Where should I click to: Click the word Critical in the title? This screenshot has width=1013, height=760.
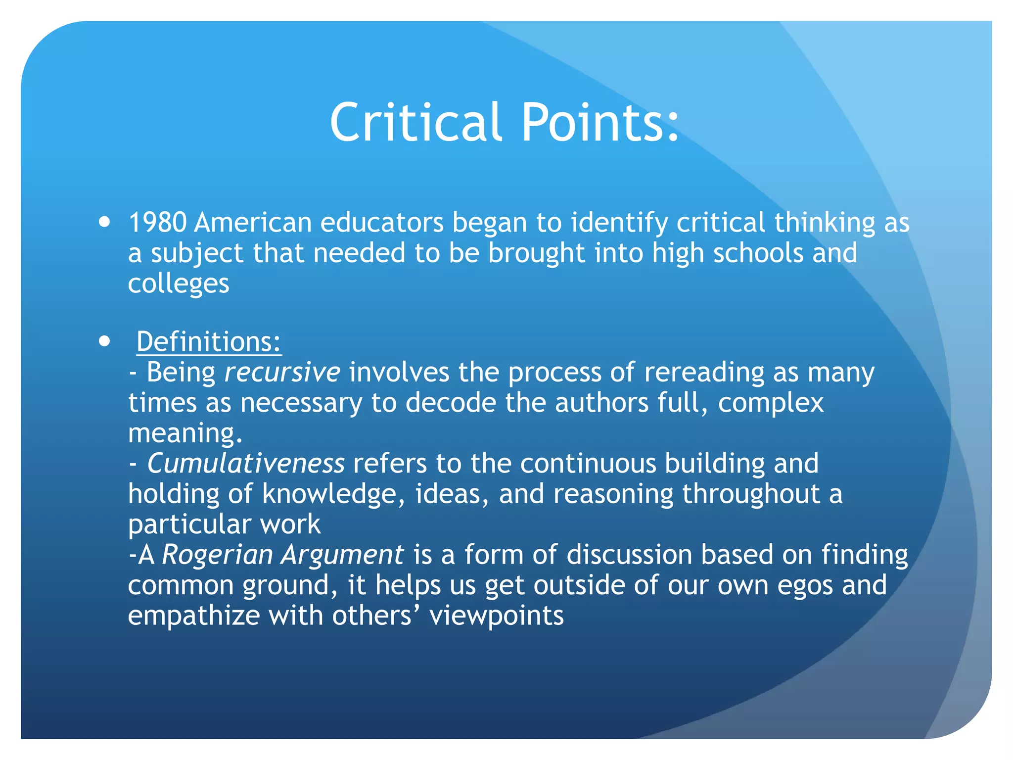point(415,123)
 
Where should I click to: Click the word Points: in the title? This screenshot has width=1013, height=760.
point(600,123)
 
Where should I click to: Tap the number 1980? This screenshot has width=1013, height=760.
point(157,223)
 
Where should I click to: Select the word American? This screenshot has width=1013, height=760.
point(253,223)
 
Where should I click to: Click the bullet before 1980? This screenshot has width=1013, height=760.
point(104,221)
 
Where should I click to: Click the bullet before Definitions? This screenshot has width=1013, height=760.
point(104,341)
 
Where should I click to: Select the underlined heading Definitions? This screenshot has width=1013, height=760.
point(209,342)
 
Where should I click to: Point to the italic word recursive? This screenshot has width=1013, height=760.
point(282,373)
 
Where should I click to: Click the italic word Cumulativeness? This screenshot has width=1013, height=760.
point(246,464)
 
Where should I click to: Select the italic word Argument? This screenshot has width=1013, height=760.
point(342,555)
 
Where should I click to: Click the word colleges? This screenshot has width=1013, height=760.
point(179,284)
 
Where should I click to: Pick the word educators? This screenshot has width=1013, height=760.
point(382,223)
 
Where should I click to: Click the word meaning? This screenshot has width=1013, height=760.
point(185,433)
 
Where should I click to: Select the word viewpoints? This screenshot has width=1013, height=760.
point(497,616)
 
